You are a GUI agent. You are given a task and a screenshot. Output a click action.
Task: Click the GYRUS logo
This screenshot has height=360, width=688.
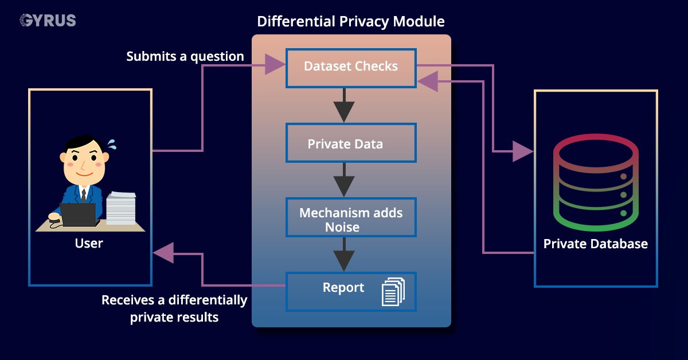coord(48,21)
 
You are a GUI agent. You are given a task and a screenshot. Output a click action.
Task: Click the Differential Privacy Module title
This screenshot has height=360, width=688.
coord(351,22)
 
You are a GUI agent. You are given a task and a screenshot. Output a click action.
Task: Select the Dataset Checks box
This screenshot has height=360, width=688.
coord(351,66)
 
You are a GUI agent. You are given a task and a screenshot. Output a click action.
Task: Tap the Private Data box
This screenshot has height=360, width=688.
coord(351,143)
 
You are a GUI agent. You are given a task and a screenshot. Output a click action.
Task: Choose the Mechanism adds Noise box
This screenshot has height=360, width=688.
coord(351,220)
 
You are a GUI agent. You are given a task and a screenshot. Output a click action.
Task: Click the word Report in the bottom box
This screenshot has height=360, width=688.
coord(343,288)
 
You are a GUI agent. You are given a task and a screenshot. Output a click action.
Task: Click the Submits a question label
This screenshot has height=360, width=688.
coord(185,56)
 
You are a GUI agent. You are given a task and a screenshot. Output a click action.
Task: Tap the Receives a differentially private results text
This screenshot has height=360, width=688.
coord(174,308)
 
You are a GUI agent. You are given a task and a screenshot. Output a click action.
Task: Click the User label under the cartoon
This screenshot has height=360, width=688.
coord(89,243)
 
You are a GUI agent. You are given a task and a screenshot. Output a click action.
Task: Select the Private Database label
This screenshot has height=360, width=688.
coord(595,244)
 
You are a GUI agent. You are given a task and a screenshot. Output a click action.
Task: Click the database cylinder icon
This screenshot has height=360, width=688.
coord(595,182)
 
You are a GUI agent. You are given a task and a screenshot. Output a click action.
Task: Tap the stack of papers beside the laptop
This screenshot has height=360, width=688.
coord(121,208)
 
